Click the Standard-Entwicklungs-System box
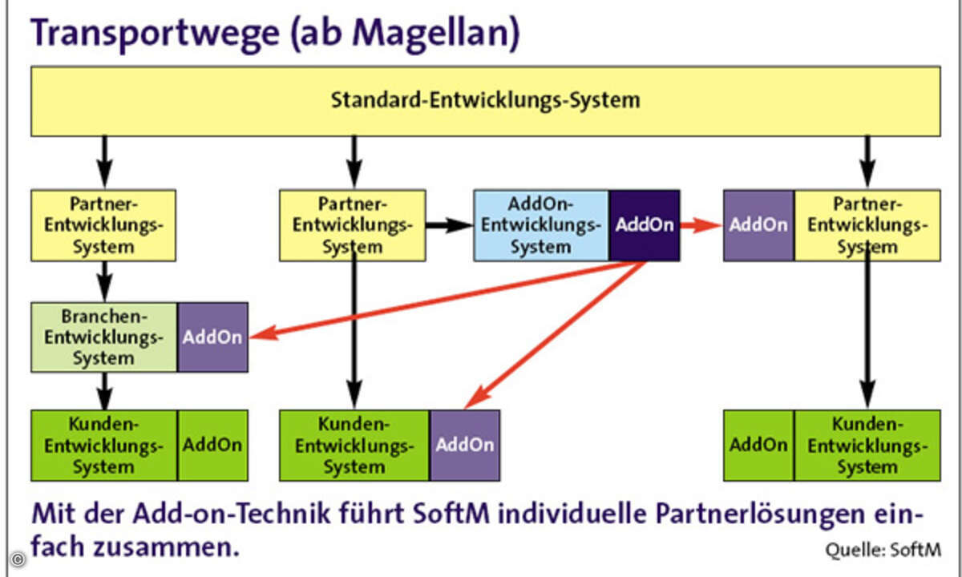486,101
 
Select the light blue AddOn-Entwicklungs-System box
541,225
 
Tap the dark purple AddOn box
645,225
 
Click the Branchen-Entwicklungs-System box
104,337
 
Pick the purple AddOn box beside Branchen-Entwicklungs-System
212,337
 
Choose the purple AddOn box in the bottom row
465,446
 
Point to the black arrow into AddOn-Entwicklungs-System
450,225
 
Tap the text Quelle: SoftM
883,550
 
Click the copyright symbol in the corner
18,559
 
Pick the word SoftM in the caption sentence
451,513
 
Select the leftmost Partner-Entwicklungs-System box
103,225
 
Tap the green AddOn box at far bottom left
212,446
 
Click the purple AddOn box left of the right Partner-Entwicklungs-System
759,225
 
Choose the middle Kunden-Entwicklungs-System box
354,446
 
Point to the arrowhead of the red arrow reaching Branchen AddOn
257,336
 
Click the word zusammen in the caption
166,548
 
